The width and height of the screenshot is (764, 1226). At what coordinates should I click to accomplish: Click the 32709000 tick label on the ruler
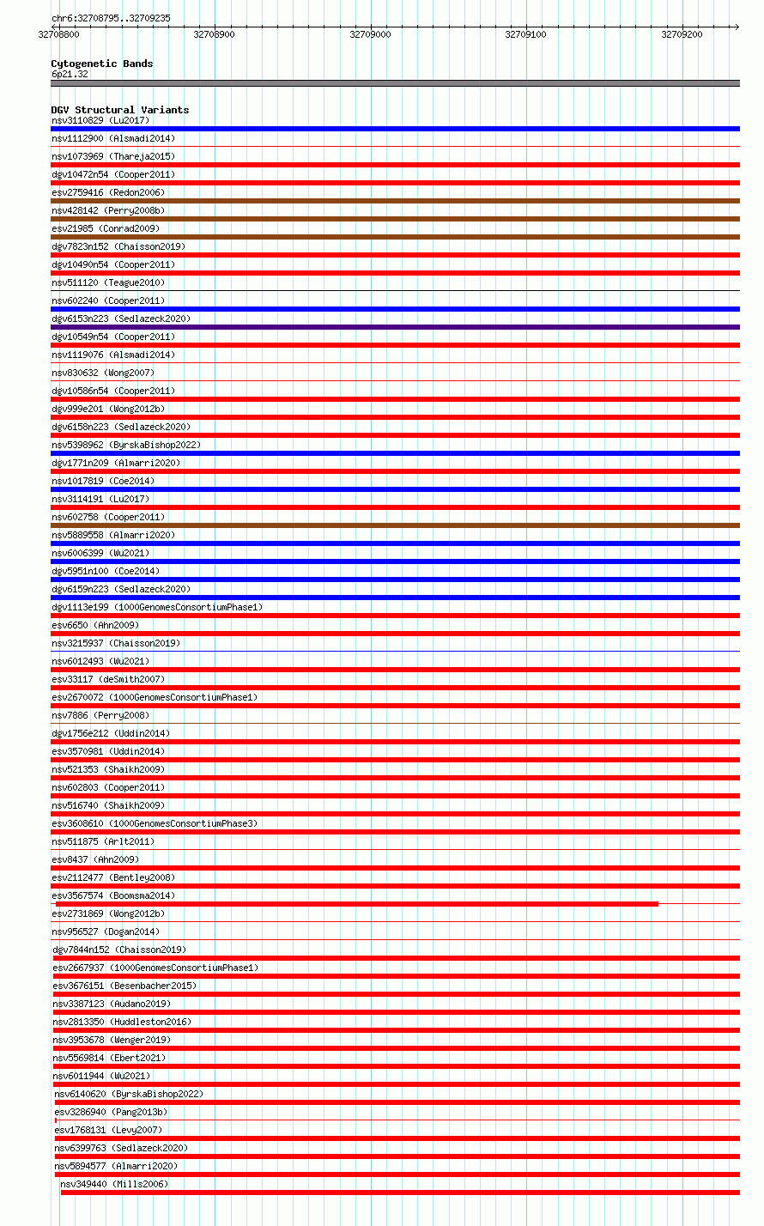(x=370, y=34)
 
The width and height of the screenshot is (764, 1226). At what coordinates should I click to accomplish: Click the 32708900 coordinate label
(x=214, y=34)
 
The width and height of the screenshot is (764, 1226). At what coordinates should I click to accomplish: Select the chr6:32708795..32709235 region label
(x=111, y=18)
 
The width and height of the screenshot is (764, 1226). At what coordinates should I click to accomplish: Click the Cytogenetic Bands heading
(x=102, y=64)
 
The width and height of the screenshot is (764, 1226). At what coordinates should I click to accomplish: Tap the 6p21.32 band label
(x=70, y=75)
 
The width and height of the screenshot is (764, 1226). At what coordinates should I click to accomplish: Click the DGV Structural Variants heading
(x=120, y=110)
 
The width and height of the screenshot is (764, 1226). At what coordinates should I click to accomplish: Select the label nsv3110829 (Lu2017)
(x=100, y=120)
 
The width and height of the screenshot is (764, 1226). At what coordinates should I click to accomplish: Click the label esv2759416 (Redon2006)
(x=107, y=192)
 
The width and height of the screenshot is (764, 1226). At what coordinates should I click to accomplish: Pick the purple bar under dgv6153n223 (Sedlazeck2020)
(x=395, y=327)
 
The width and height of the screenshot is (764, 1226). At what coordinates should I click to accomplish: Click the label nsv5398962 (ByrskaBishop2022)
(x=126, y=445)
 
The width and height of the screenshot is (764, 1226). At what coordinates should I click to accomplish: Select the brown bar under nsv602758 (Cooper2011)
(x=395, y=525)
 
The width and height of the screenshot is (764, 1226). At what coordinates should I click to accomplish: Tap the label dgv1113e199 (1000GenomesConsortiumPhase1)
(x=157, y=607)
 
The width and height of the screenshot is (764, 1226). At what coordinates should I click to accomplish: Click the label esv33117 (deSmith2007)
(x=108, y=679)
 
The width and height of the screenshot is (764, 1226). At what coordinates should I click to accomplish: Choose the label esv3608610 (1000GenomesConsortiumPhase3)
(x=155, y=823)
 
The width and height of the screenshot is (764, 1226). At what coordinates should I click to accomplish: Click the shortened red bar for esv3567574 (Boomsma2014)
(x=356, y=904)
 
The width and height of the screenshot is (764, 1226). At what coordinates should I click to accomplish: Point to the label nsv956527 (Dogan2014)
(x=106, y=932)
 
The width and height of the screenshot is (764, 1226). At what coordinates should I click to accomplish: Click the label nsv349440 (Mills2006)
(x=114, y=1184)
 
